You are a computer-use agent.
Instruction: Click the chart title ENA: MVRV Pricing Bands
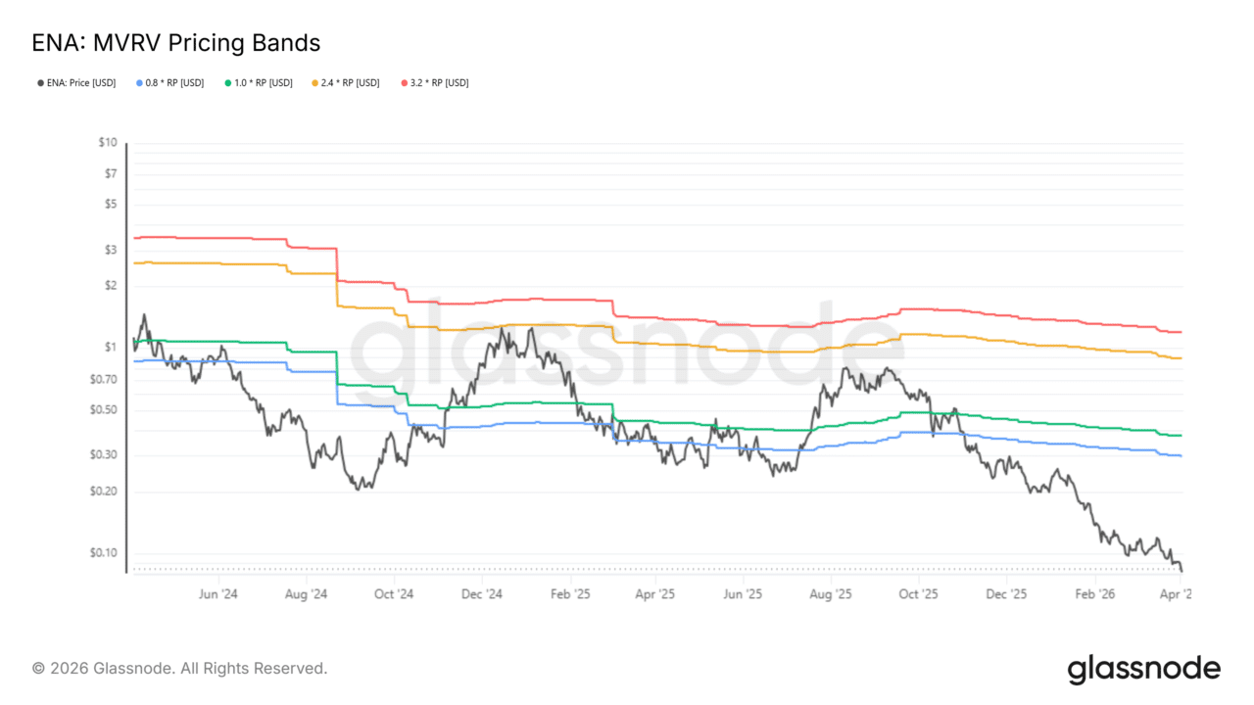pyautogui.click(x=176, y=43)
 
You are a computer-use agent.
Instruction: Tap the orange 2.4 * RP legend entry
pyautogui.click(x=346, y=83)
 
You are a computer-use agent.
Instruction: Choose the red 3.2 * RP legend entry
pyautogui.click(x=435, y=83)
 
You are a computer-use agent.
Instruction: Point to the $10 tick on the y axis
pyautogui.click(x=108, y=143)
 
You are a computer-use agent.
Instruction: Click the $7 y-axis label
pyautogui.click(x=110, y=173)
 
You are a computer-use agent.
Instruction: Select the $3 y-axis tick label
pyautogui.click(x=110, y=250)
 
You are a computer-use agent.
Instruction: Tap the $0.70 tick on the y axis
pyautogui.click(x=104, y=379)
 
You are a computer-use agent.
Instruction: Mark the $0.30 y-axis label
pyautogui.click(x=104, y=454)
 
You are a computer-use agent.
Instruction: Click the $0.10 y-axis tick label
pyautogui.click(x=104, y=553)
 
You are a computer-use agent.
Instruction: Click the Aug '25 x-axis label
pyautogui.click(x=830, y=593)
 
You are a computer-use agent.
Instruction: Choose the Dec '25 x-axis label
pyautogui.click(x=1005, y=593)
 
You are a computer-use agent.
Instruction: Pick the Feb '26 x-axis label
pyautogui.click(x=1094, y=593)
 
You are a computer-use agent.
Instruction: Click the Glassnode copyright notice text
pyautogui.click(x=179, y=668)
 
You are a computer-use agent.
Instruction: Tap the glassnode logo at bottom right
pyautogui.click(x=1143, y=669)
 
